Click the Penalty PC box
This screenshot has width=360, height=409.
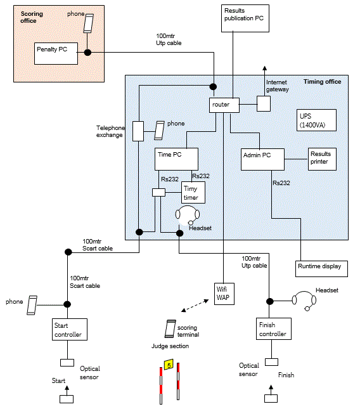pos(56,53)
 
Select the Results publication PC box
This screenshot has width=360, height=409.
pos(245,18)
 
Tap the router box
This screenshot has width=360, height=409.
pos(224,105)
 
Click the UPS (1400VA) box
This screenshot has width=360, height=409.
pos(316,120)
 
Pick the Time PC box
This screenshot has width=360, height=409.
pos(176,159)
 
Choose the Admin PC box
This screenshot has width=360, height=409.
pos(262,159)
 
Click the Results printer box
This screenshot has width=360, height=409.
pos(322,159)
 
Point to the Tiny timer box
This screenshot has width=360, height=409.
pos(193,193)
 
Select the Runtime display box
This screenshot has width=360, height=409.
pos(321,269)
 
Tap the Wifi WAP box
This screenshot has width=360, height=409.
pos(224,294)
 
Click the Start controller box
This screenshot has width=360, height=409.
pos(70,329)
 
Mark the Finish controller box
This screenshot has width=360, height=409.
pos(274,328)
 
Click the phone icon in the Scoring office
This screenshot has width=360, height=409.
pos(88,23)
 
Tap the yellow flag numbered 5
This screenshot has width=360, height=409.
pos(169,365)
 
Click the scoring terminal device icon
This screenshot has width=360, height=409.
pos(170,328)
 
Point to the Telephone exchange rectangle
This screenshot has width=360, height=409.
pos(138,131)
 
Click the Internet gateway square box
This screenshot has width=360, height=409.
pos(264,103)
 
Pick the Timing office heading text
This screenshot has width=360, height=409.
pos(322,82)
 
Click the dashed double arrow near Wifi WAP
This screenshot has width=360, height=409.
pos(195,306)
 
